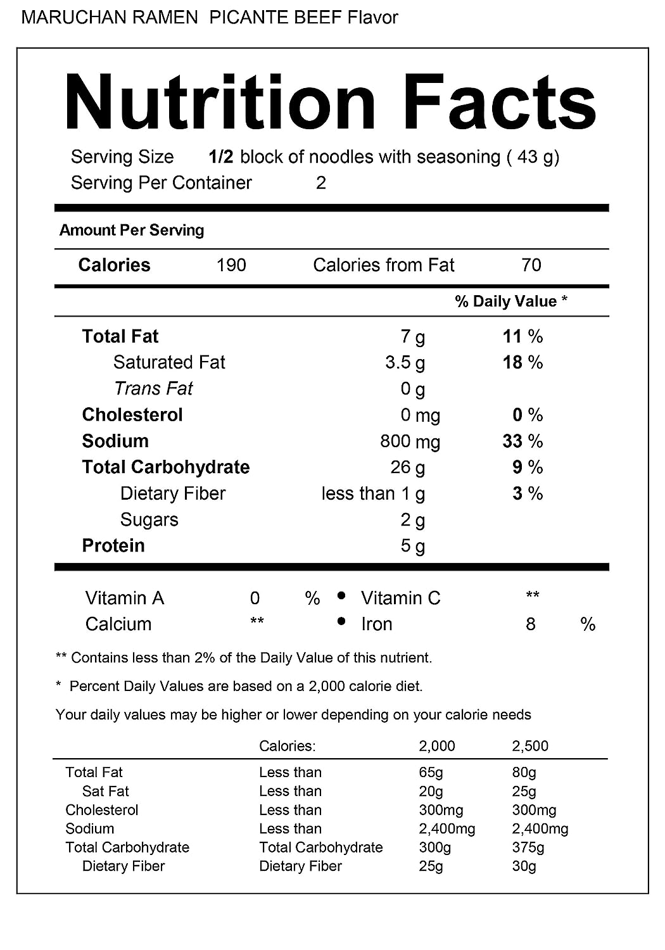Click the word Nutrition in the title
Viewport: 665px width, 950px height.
click(x=220, y=103)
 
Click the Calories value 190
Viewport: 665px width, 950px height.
click(x=231, y=265)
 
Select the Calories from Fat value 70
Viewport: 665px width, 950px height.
click(x=531, y=265)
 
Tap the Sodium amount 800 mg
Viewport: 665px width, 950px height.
click(x=410, y=441)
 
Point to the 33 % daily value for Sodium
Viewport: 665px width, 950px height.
click(x=522, y=441)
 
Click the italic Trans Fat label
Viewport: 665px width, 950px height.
click(x=153, y=388)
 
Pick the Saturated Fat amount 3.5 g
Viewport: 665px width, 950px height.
click(x=405, y=362)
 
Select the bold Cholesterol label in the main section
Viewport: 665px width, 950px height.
click(x=132, y=415)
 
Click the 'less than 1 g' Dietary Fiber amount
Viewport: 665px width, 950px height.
click(x=373, y=493)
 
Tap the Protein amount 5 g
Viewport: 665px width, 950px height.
click(x=412, y=546)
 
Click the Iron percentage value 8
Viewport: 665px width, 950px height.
click(x=531, y=624)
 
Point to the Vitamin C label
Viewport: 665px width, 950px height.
click(x=400, y=598)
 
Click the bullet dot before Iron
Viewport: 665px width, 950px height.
click(x=341, y=622)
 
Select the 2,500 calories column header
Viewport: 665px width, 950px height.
click(x=530, y=746)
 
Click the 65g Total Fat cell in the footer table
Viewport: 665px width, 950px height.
click(x=431, y=772)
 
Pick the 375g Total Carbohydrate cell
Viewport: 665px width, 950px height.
click(x=528, y=847)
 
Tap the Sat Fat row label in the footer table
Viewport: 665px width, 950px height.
click(x=105, y=791)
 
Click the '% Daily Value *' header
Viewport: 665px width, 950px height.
click(x=511, y=301)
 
